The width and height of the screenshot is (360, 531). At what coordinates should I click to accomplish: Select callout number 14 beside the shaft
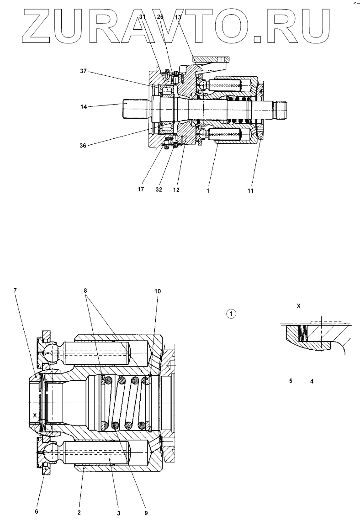tap(83, 106)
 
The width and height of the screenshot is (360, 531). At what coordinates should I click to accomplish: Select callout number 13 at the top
tap(178, 17)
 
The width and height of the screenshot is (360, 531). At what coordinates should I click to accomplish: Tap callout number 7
tap(16, 291)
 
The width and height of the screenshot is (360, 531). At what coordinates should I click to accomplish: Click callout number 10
tap(158, 291)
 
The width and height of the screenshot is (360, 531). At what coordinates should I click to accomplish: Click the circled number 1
tap(232, 314)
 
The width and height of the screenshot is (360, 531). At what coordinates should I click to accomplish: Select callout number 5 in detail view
tap(291, 380)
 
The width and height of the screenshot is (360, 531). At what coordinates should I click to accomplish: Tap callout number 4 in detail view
tap(312, 380)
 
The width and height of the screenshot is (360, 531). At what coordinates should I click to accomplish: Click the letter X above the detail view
tap(298, 306)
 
